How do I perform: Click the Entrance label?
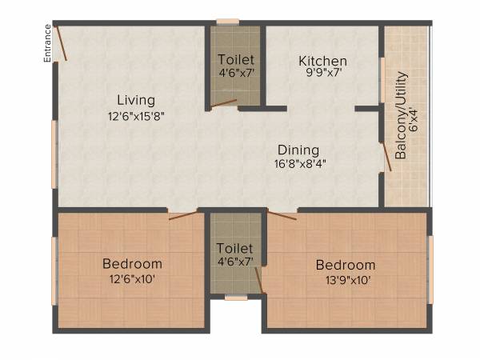click(x=48, y=43)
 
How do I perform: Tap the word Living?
click(x=136, y=100)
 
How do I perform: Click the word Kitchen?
click(x=323, y=61)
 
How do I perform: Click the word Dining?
click(x=298, y=150)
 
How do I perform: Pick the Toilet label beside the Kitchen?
click(x=236, y=60)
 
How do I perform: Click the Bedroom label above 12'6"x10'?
click(x=132, y=263)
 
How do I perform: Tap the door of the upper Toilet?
click(x=224, y=102)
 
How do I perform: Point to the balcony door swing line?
click(x=386, y=154)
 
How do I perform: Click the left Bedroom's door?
click(x=183, y=214)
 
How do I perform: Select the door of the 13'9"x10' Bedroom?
click(x=282, y=214)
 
